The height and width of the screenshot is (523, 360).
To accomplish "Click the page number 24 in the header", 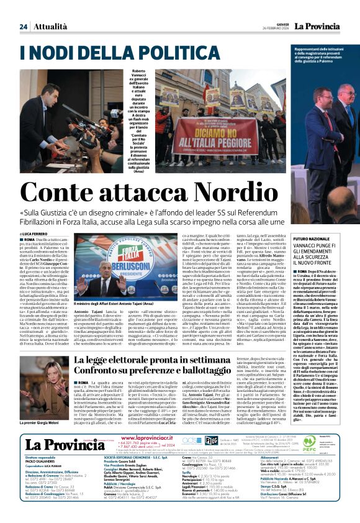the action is click(24, 27).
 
